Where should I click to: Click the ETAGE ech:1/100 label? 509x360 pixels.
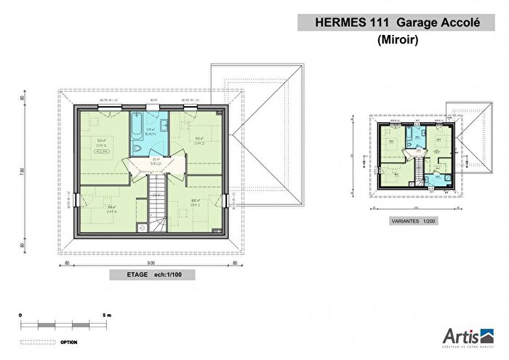(153, 276)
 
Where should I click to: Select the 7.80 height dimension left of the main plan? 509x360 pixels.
(23, 172)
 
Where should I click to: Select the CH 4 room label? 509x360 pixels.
(113, 211)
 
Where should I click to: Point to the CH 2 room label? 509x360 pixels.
(198, 143)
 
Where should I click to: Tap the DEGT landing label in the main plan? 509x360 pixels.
(156, 164)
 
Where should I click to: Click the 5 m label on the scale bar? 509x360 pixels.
(107, 314)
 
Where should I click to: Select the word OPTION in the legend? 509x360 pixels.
(69, 340)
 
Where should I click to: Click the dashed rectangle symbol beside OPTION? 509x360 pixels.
(36, 340)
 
